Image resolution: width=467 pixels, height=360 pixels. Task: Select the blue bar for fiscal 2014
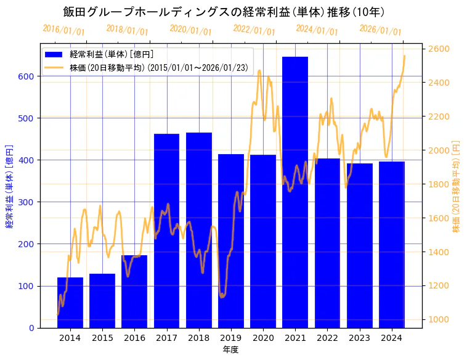tap(70, 303)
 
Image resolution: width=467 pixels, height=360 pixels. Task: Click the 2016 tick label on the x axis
tap(134, 338)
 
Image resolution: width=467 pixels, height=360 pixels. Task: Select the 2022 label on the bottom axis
tap(327, 338)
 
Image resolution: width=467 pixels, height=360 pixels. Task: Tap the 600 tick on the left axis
tap(26, 76)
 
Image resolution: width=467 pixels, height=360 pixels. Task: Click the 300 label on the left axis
tap(26, 202)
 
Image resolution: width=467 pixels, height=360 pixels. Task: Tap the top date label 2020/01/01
tap(190, 30)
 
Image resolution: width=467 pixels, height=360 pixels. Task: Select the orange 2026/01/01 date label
tap(380, 30)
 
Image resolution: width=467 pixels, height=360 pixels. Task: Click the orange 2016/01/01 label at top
tap(64, 30)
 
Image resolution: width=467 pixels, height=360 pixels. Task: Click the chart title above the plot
tap(224, 12)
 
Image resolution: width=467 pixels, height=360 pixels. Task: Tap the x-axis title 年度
tap(231, 350)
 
